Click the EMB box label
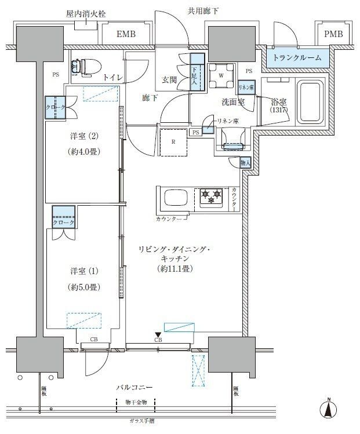coord(126,35)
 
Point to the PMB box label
coord(333,34)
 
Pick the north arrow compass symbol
coord(329,409)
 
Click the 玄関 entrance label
coord(169,79)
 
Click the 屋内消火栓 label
coord(85,13)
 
